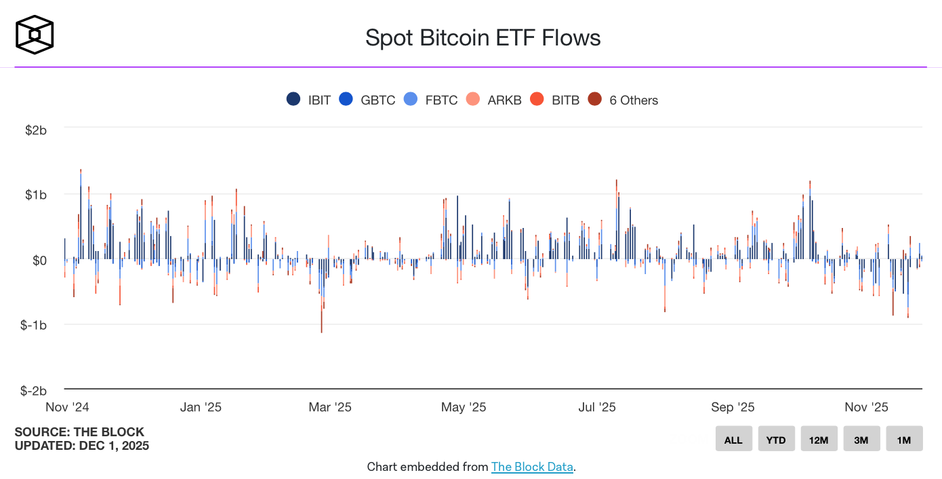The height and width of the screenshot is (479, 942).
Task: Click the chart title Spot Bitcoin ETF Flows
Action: coord(483,37)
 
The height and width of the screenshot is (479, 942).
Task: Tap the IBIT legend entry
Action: coord(309,100)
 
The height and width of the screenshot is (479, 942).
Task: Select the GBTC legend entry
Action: coord(368,100)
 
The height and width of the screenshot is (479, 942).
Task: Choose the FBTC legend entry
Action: coord(431,100)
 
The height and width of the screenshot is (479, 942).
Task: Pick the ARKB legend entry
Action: coord(494,100)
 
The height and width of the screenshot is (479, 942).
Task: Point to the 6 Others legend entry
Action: coord(623,100)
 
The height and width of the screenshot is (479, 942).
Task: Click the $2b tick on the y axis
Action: coord(35,130)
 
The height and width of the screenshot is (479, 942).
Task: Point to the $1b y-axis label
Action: coord(35,195)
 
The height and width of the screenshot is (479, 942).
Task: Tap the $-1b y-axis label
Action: coord(33,325)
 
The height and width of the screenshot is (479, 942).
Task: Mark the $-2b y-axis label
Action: coord(33,391)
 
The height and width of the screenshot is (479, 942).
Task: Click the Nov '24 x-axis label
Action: coord(67,407)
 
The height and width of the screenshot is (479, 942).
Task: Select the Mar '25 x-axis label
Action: coord(330,407)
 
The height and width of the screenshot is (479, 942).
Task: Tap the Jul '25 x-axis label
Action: coord(597,407)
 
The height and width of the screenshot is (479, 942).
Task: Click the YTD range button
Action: coord(776,440)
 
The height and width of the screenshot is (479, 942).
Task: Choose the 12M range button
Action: coord(819,440)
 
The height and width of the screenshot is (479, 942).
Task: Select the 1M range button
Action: coord(904,440)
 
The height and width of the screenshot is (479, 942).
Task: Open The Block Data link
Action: coord(532,467)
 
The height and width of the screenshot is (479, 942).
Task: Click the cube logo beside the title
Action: coord(35,35)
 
